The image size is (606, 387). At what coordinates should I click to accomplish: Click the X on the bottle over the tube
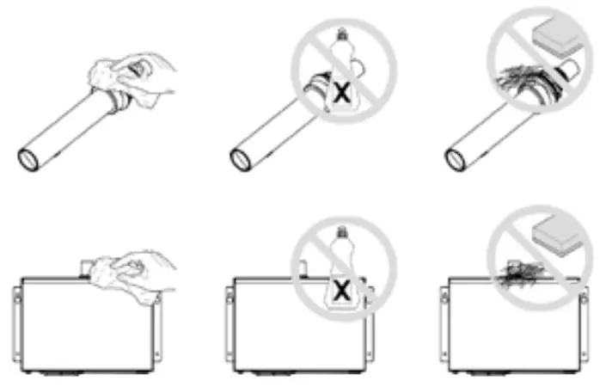(342, 94)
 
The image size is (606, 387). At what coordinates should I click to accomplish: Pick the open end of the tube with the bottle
(242, 157)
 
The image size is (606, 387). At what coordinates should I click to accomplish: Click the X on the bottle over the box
(342, 292)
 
